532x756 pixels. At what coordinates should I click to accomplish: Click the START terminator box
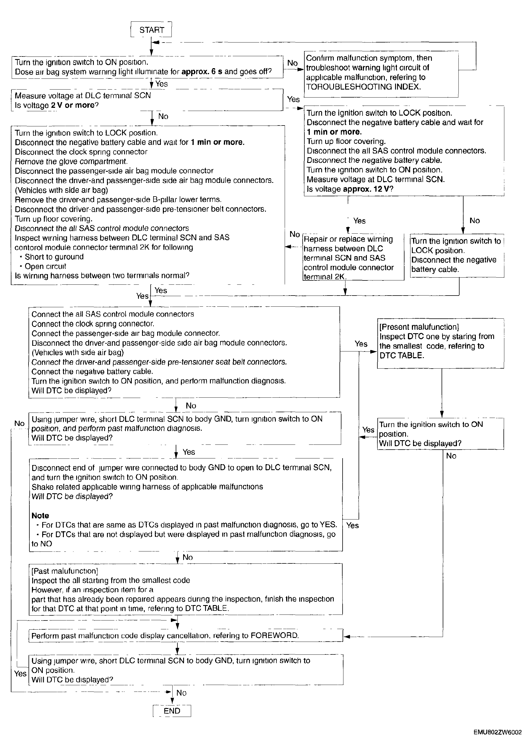point(151,30)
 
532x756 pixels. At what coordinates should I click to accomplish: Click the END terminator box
point(172,711)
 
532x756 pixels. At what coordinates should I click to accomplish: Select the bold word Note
point(40,516)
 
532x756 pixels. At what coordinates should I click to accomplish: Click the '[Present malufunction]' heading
point(419,327)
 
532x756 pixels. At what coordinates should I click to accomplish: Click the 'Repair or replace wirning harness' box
point(353,258)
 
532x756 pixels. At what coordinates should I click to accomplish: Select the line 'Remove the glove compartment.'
point(71,162)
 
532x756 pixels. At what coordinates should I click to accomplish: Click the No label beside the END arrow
point(181,693)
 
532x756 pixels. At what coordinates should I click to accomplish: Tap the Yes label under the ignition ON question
point(161,84)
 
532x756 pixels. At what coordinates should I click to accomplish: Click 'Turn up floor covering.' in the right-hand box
point(346,142)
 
